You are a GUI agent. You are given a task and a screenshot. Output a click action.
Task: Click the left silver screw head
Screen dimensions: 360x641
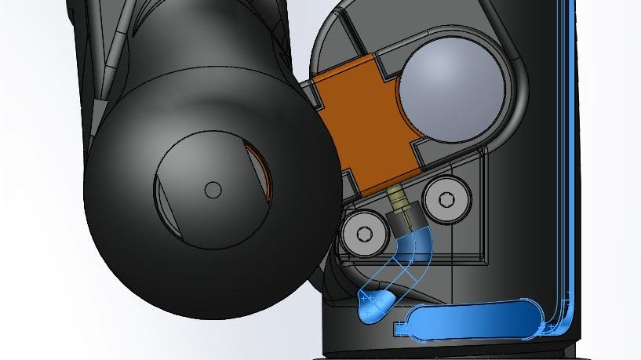(x=362, y=235)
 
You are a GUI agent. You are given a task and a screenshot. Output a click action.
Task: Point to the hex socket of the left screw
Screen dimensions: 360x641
(x=362, y=235)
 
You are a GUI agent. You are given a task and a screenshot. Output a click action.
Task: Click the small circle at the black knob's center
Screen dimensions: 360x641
(x=213, y=189)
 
